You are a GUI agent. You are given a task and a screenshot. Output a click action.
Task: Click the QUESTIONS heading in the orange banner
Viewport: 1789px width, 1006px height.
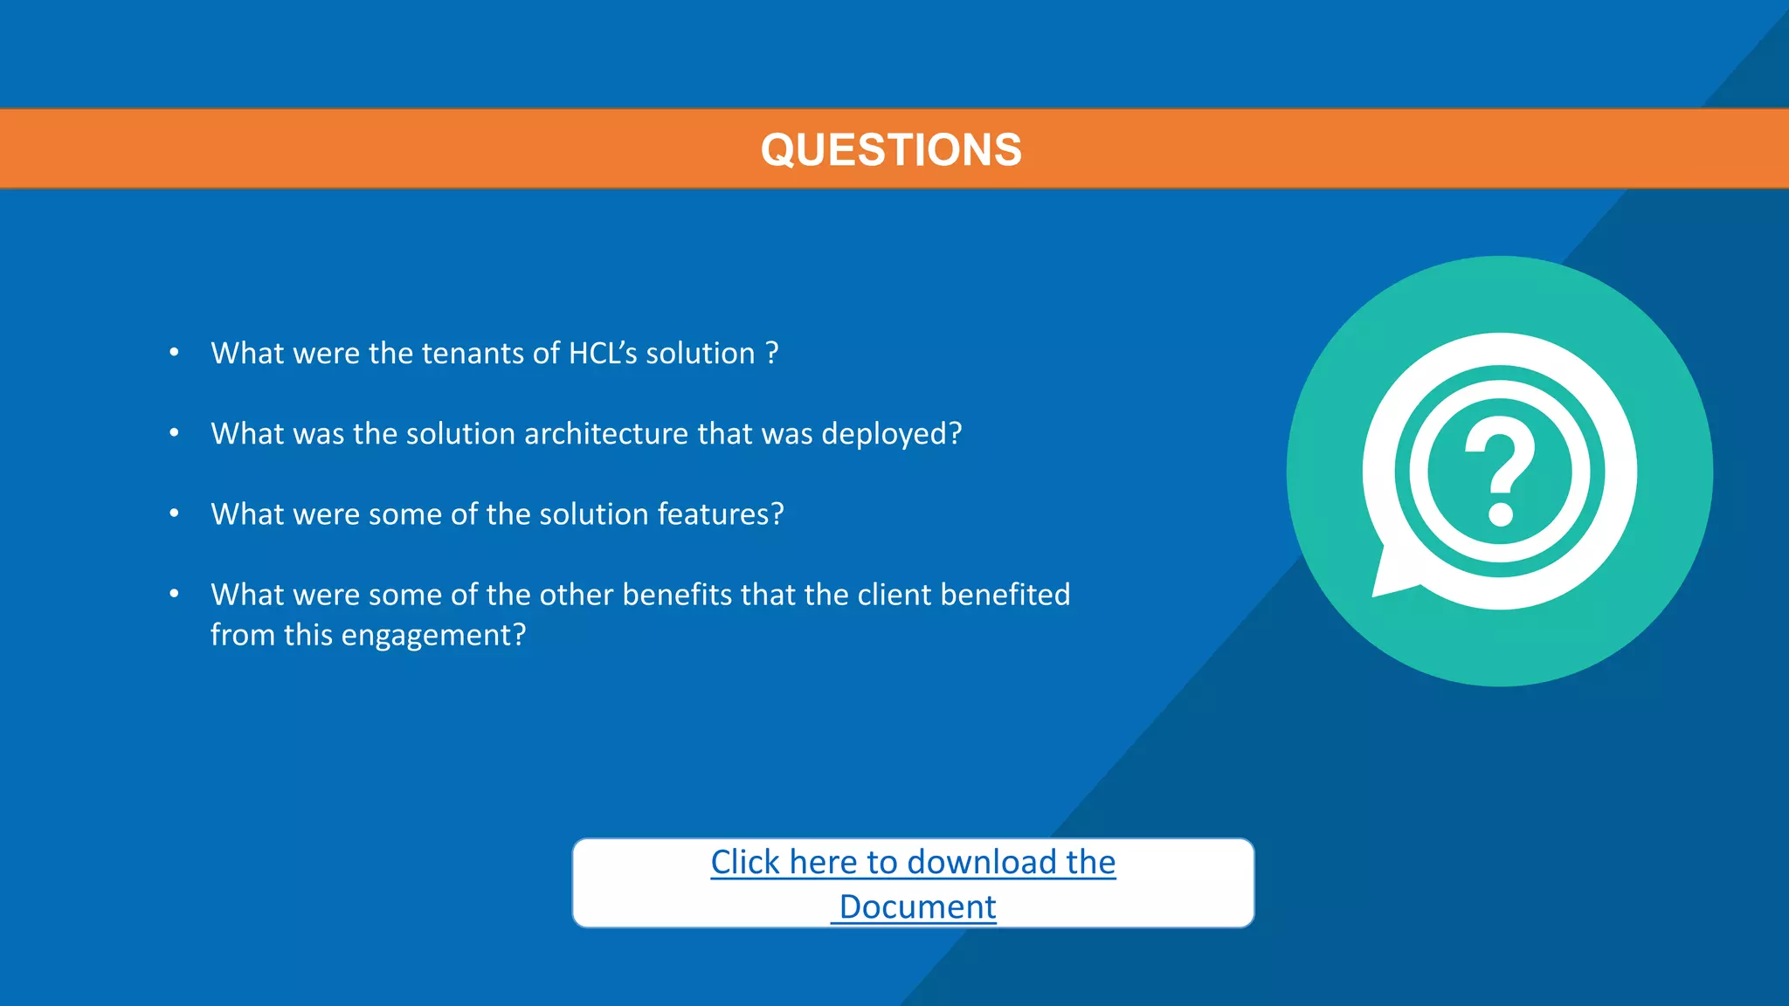pos(891,149)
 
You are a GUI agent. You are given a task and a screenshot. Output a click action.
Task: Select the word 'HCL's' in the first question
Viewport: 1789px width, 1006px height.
pos(603,354)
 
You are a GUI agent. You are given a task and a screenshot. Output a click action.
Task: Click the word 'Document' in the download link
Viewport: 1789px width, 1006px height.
pos(917,907)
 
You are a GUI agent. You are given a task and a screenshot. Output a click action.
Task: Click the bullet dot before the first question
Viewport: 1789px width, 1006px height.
pos(175,353)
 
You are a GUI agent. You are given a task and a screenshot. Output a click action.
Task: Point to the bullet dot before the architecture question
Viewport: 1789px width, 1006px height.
pos(175,433)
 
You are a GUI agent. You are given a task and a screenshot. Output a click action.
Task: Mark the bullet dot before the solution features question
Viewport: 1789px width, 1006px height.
pos(175,513)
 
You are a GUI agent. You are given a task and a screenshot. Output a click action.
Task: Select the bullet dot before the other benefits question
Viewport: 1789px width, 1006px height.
pos(175,594)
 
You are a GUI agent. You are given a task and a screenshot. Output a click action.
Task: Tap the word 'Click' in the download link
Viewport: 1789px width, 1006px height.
pos(744,863)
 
